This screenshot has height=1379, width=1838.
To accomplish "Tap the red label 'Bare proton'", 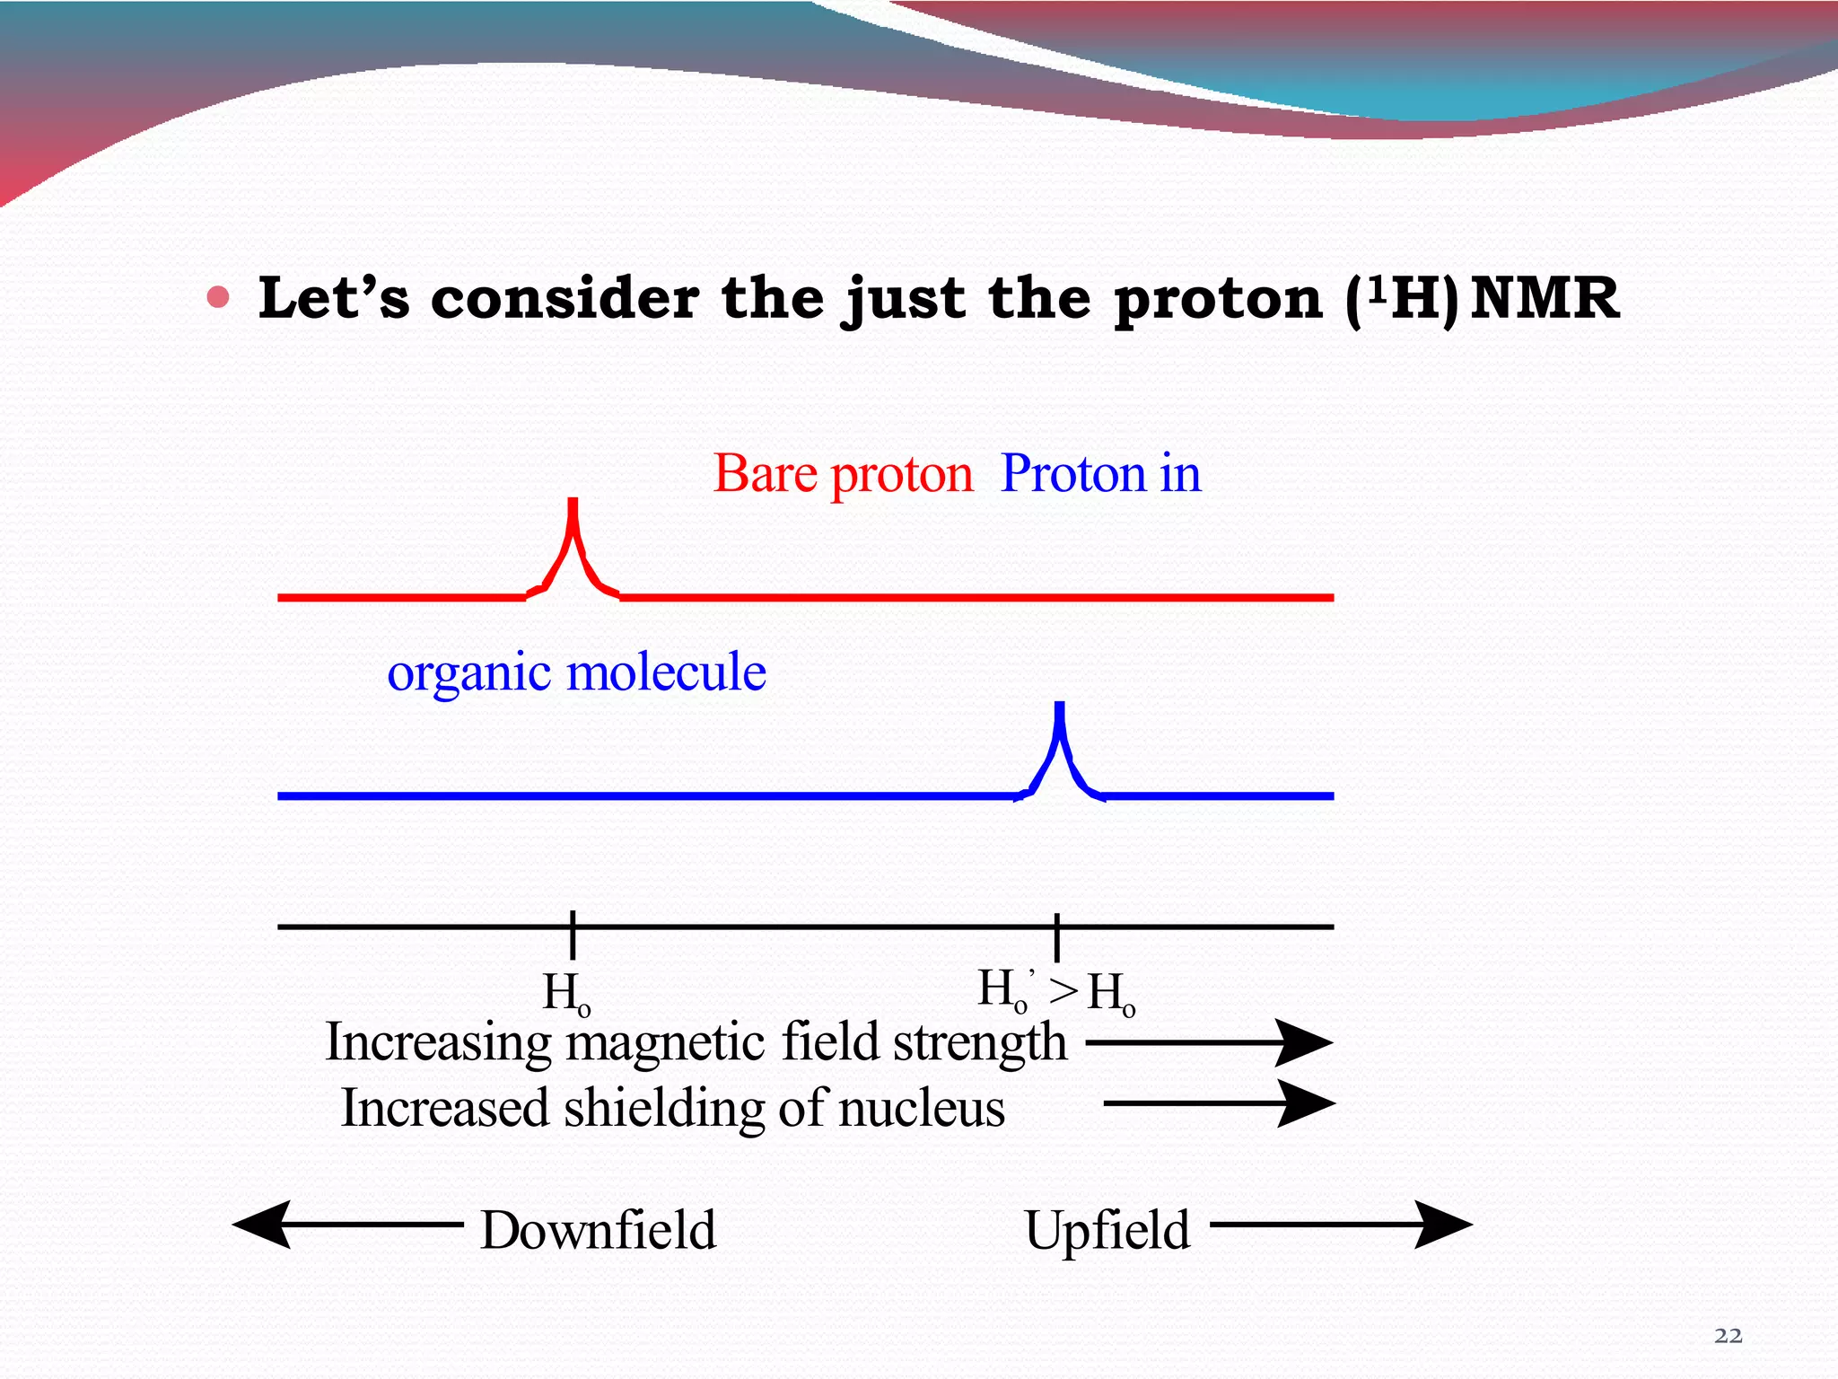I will [x=842, y=473].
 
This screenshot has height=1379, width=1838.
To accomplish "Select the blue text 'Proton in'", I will [x=1100, y=473].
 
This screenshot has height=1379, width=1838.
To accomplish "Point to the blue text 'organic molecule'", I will [x=576, y=672].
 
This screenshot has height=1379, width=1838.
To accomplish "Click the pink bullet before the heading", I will [x=218, y=297].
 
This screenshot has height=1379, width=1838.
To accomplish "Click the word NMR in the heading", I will [x=1545, y=298].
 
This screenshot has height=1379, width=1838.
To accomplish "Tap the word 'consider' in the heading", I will [x=565, y=298].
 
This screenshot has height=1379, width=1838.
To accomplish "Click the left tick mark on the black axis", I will [x=573, y=935].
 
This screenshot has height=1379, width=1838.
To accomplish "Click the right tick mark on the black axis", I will [x=1057, y=936].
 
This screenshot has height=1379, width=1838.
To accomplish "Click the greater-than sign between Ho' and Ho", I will [x=1064, y=991].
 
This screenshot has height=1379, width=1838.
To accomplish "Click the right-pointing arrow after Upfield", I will [x=1341, y=1224].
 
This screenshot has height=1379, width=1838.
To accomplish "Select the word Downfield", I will [x=598, y=1230].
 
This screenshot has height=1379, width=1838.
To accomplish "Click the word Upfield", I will [x=1107, y=1230].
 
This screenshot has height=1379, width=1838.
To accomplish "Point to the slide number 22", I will [x=1728, y=1336].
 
